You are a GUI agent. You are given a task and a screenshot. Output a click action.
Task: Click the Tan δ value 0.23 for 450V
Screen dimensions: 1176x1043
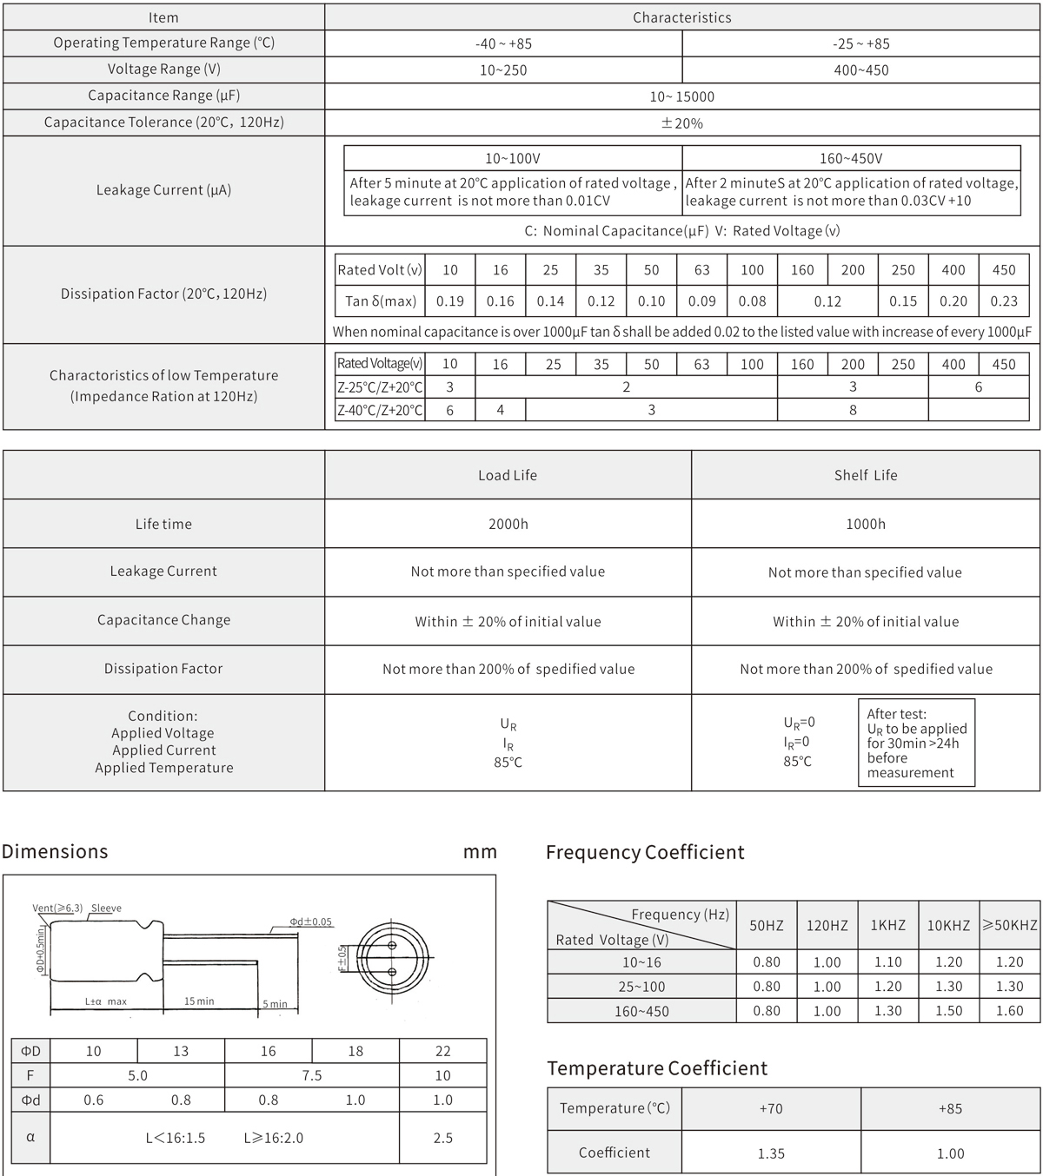(1004, 301)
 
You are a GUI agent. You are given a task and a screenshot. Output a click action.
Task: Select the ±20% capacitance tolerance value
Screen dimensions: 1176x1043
(682, 123)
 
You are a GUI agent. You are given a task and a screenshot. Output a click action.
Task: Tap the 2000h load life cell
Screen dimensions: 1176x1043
(508, 524)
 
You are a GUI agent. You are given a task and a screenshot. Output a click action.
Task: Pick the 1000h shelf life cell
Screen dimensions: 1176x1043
(866, 524)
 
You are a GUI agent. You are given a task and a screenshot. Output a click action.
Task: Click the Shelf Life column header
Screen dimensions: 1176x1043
(866, 475)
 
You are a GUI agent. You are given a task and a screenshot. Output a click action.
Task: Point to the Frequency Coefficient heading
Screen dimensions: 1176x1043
(645, 852)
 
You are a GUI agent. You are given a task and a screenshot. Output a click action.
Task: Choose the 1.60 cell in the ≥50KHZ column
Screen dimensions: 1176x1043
(1010, 1011)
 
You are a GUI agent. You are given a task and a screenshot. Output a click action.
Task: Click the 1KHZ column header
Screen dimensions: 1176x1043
(888, 926)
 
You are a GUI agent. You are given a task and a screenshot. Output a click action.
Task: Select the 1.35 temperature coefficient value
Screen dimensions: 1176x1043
(771, 1153)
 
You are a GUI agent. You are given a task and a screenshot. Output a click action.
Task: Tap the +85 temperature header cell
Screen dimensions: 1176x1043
(950, 1108)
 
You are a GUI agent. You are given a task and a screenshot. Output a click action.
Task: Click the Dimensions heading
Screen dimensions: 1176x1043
(55, 851)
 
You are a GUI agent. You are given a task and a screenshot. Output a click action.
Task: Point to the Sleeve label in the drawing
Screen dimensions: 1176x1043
(106, 908)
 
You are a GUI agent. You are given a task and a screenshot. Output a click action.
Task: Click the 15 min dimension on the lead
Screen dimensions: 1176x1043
(199, 1001)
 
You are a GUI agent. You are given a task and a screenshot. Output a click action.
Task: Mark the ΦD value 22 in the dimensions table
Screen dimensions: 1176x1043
(442, 1051)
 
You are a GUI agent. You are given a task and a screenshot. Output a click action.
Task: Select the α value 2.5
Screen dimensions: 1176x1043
(442, 1138)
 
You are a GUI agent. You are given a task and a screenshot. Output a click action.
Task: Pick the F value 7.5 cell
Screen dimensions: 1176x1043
(311, 1075)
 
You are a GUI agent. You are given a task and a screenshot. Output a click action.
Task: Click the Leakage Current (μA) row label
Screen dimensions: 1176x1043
(163, 190)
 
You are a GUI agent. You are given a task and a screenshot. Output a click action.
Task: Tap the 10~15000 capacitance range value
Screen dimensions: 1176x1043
(682, 96)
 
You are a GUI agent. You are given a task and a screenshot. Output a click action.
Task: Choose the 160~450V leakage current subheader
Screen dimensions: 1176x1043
(851, 158)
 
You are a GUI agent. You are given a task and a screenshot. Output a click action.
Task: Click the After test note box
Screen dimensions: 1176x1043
(916, 743)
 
